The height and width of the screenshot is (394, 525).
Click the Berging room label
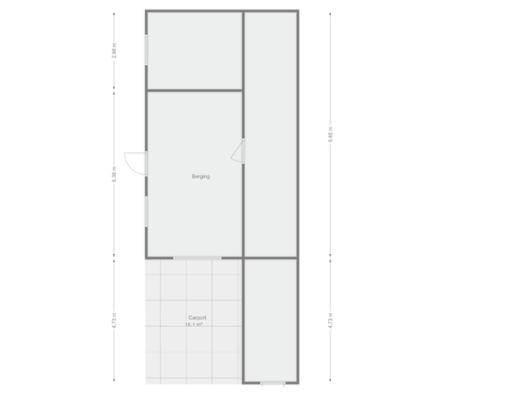[201, 177]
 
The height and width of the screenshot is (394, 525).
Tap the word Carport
[197, 318]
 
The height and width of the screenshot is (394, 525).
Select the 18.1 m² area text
[195, 325]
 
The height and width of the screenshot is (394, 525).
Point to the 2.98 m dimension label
[114, 53]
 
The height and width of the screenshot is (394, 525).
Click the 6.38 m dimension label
[114, 175]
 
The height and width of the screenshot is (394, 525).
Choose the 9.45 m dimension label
[330, 136]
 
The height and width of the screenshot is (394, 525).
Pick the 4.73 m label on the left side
[114, 321]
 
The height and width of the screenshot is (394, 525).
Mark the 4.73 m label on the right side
[330, 321]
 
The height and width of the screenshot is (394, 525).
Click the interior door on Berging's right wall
[238, 150]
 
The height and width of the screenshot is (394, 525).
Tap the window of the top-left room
[146, 50]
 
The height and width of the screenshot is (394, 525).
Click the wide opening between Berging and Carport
[197, 258]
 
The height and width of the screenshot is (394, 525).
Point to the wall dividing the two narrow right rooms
[271, 258]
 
